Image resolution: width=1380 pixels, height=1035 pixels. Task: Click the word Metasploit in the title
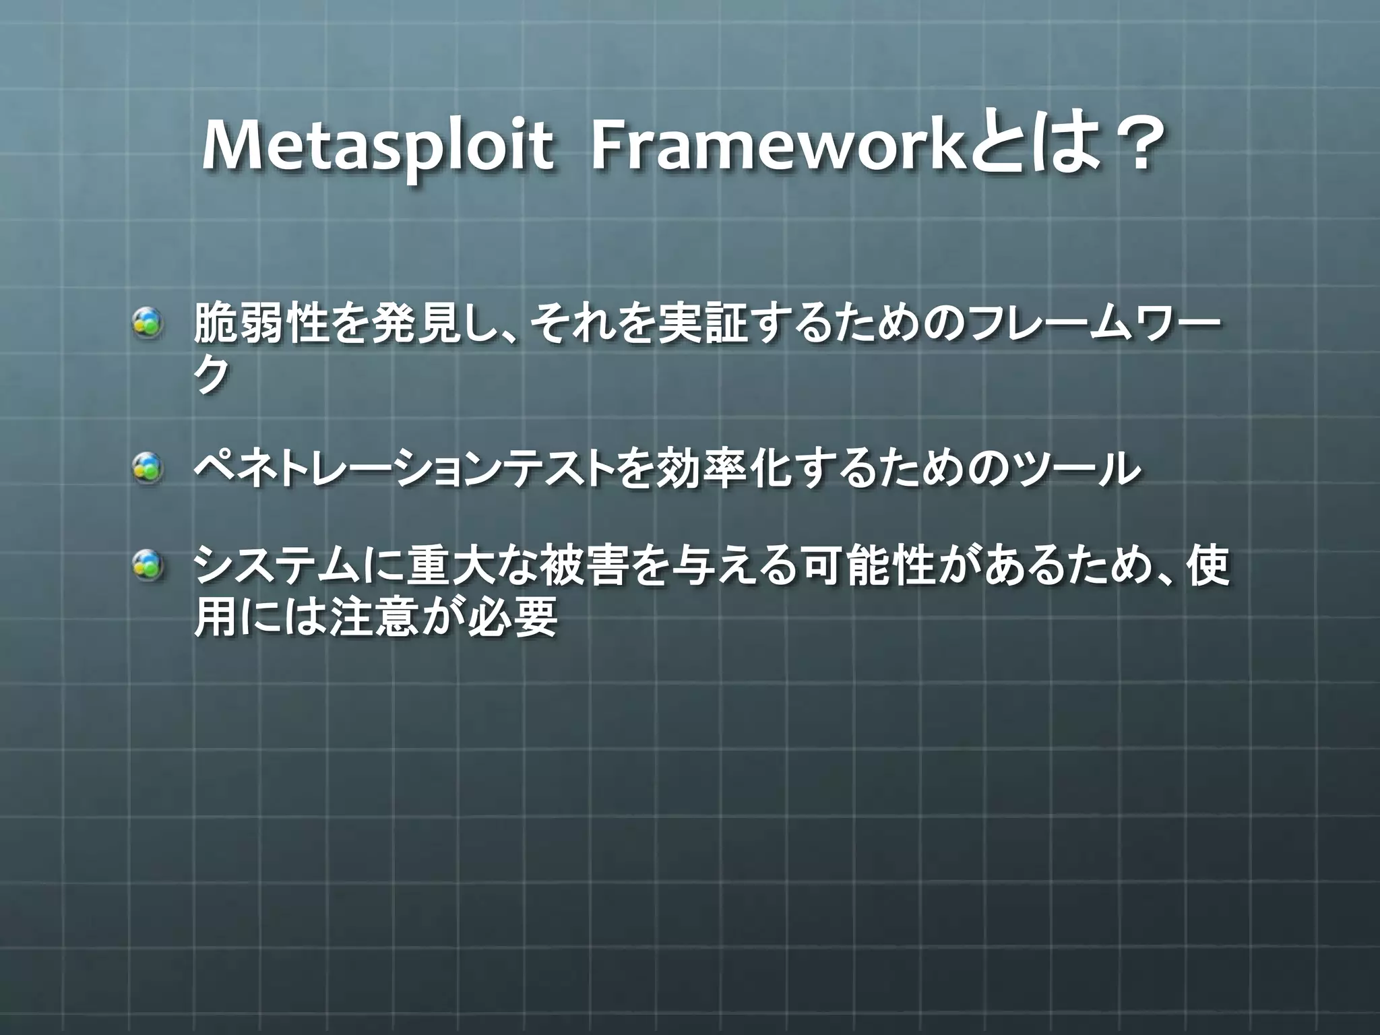click(377, 147)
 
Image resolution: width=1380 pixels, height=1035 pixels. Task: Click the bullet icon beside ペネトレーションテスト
click(147, 468)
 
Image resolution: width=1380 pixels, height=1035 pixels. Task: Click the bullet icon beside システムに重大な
click(147, 565)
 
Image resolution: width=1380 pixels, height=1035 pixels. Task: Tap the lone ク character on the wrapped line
click(212, 375)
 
